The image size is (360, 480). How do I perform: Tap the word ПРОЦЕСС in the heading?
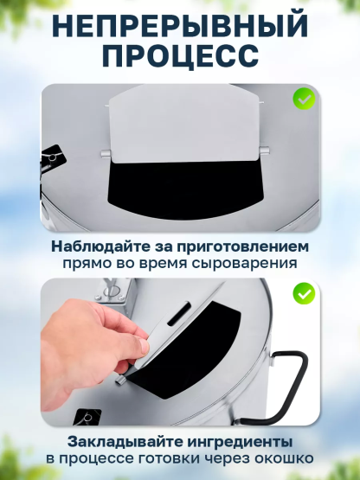[181, 56]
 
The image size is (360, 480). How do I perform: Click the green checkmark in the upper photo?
[304, 99]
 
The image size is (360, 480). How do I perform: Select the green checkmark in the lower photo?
[304, 293]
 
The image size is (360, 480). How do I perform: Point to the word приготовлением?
[242, 247]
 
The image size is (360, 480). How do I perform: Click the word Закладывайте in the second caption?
[125, 442]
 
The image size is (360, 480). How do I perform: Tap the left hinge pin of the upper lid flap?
[105, 153]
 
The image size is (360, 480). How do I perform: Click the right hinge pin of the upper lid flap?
[264, 150]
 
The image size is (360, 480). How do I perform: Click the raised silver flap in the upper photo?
[184, 124]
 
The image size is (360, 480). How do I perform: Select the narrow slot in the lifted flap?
[178, 314]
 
